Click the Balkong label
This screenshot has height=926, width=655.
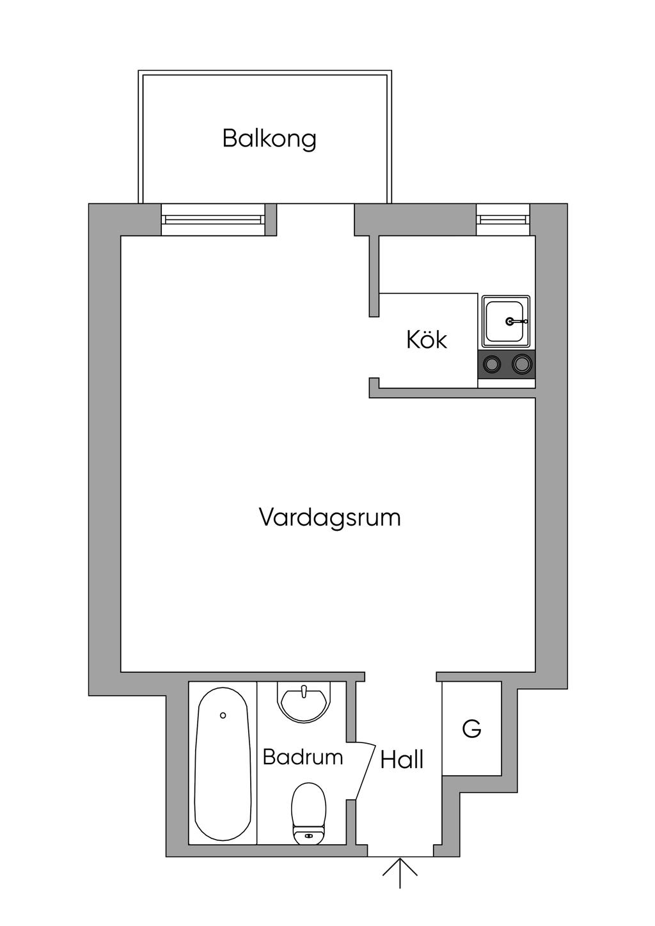[269, 139]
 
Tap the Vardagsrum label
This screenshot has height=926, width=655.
[330, 517]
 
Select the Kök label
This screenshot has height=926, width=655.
[427, 339]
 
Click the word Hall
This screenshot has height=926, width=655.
[402, 759]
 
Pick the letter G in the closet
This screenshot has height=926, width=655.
[472, 729]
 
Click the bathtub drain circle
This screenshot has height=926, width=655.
[223, 716]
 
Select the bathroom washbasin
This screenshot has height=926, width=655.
[305, 701]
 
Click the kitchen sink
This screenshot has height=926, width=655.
[506, 321]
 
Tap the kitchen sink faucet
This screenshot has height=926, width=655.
[516, 321]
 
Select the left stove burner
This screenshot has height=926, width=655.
[493, 365]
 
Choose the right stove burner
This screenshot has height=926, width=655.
[521, 365]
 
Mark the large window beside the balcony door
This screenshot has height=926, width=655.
[213, 219]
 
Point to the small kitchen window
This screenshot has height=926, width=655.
[503, 219]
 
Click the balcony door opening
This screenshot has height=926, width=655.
[315, 219]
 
